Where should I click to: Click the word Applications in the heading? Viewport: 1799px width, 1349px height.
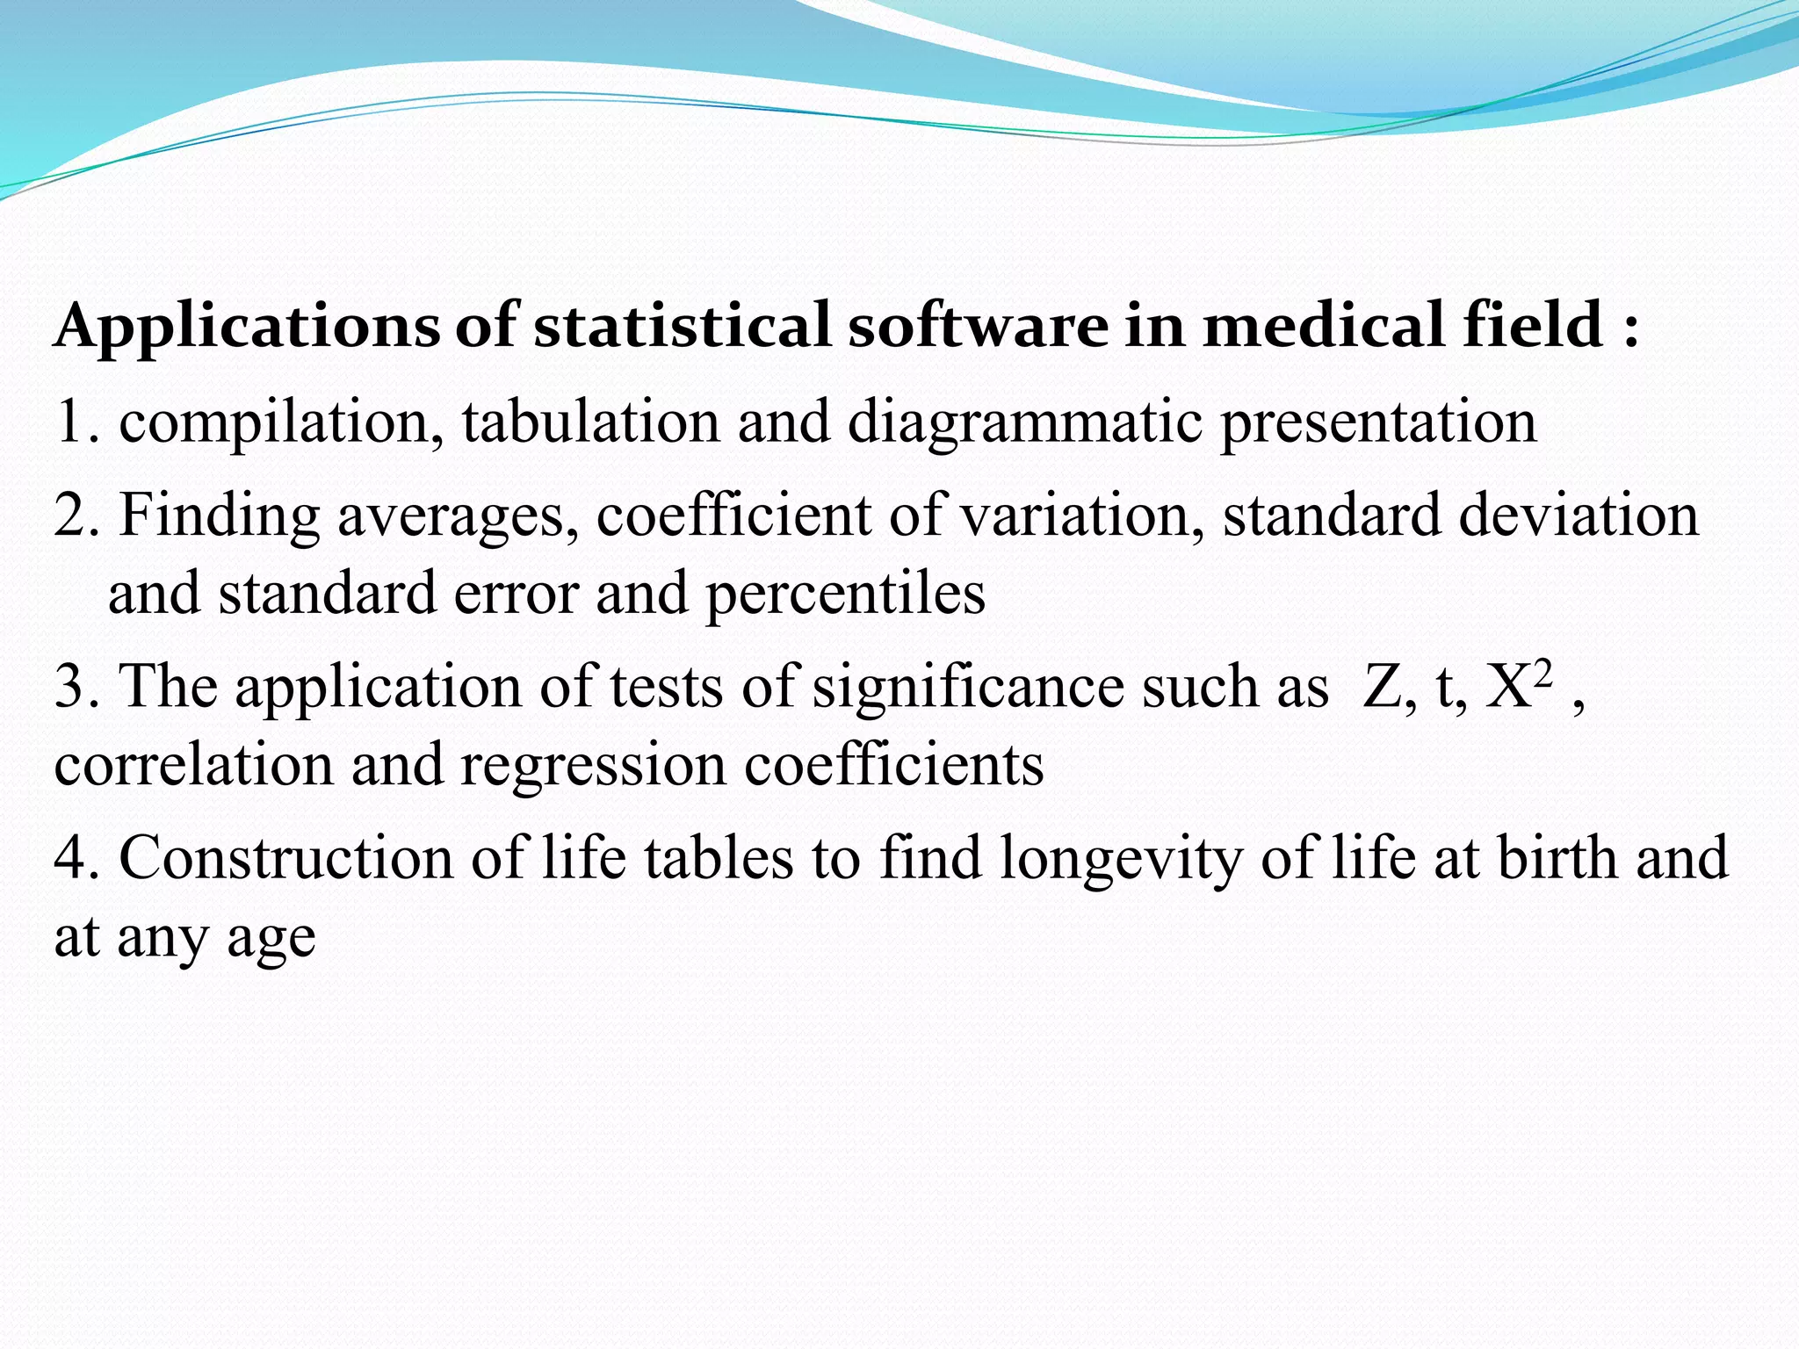coord(246,327)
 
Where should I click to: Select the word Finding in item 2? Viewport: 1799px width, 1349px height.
coord(219,516)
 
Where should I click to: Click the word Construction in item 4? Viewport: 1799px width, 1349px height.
coord(285,857)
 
